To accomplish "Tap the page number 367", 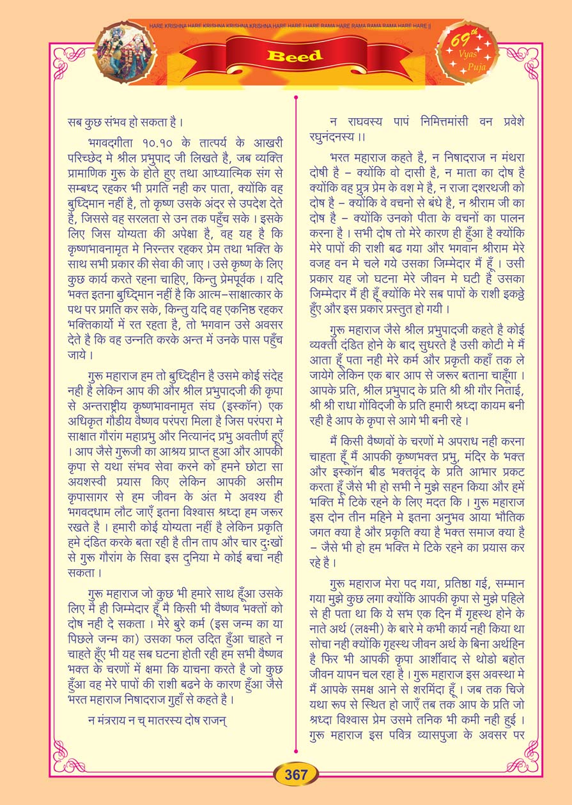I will [296, 775].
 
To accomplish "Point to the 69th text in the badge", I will [465, 40].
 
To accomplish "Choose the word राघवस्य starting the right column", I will [365, 121].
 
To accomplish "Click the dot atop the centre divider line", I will [296, 97].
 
